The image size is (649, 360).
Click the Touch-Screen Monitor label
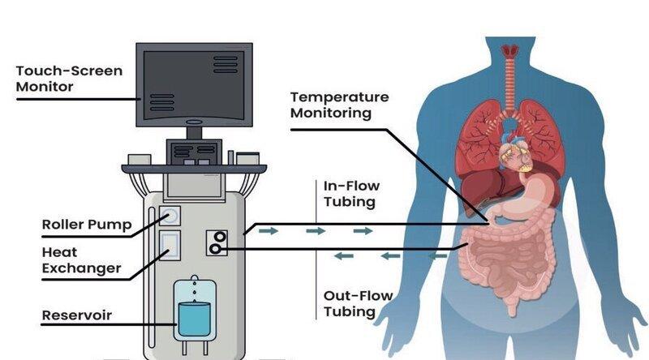point(69,79)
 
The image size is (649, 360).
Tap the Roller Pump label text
point(86,225)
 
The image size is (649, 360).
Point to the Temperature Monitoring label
point(339,105)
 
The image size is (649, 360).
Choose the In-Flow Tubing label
point(351,194)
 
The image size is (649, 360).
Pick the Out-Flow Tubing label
point(357,304)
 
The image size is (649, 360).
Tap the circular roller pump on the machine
point(170,216)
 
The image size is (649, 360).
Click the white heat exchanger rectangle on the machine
point(170,243)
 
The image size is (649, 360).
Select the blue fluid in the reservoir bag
point(193,319)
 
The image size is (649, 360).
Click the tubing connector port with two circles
point(217,242)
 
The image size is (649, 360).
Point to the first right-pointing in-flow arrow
point(269,231)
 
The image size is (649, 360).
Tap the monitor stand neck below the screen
point(194,132)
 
